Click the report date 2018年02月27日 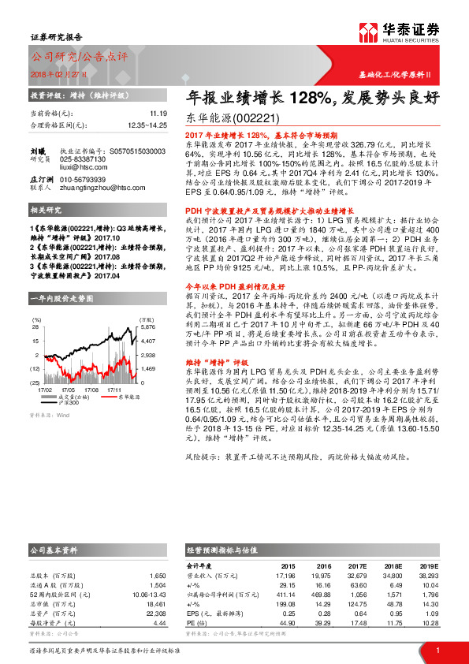point(59,73)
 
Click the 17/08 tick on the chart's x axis point(92,389)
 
